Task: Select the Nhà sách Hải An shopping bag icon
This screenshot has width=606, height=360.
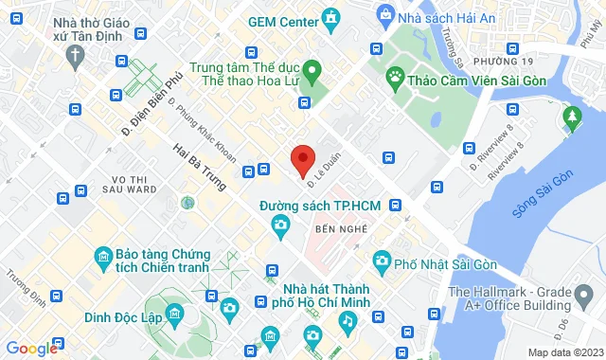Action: (x=385, y=14)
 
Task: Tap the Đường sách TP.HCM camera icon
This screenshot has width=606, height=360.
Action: (x=280, y=225)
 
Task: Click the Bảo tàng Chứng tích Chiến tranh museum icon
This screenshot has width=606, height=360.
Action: (x=103, y=256)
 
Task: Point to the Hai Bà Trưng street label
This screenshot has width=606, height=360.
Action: (x=201, y=166)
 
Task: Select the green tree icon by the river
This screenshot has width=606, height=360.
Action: (x=571, y=116)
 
